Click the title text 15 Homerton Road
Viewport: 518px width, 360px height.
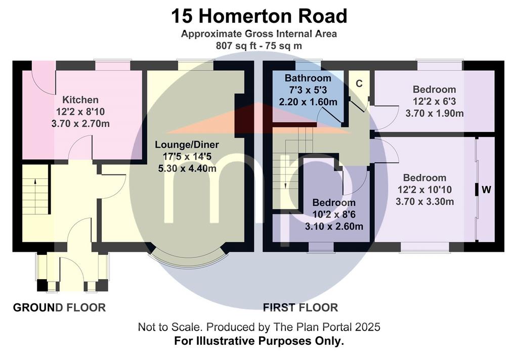coord(259,16)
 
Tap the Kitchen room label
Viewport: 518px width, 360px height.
coord(80,100)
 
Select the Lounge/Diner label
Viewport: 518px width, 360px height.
coord(187,145)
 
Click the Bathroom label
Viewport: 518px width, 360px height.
coord(308,78)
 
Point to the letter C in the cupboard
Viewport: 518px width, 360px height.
coord(359,83)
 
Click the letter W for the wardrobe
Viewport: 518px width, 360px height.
coord(486,190)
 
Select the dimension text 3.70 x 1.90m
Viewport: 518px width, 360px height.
coord(435,113)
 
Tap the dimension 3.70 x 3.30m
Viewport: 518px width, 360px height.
coord(425,201)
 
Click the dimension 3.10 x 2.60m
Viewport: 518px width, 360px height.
coord(334,227)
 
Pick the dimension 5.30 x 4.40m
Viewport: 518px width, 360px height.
coord(187,168)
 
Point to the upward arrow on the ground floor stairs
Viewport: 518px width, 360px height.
coord(35,192)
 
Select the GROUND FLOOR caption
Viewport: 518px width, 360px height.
coord(60,307)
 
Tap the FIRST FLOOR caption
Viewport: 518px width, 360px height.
coord(300,307)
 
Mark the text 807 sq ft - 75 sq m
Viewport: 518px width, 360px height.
coord(259,46)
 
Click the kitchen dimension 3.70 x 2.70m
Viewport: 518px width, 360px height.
coord(80,124)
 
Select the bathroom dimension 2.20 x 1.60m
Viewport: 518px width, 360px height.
coord(308,102)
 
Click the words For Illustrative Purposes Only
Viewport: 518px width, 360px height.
coord(259,340)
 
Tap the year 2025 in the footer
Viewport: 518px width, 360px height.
coord(368,327)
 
